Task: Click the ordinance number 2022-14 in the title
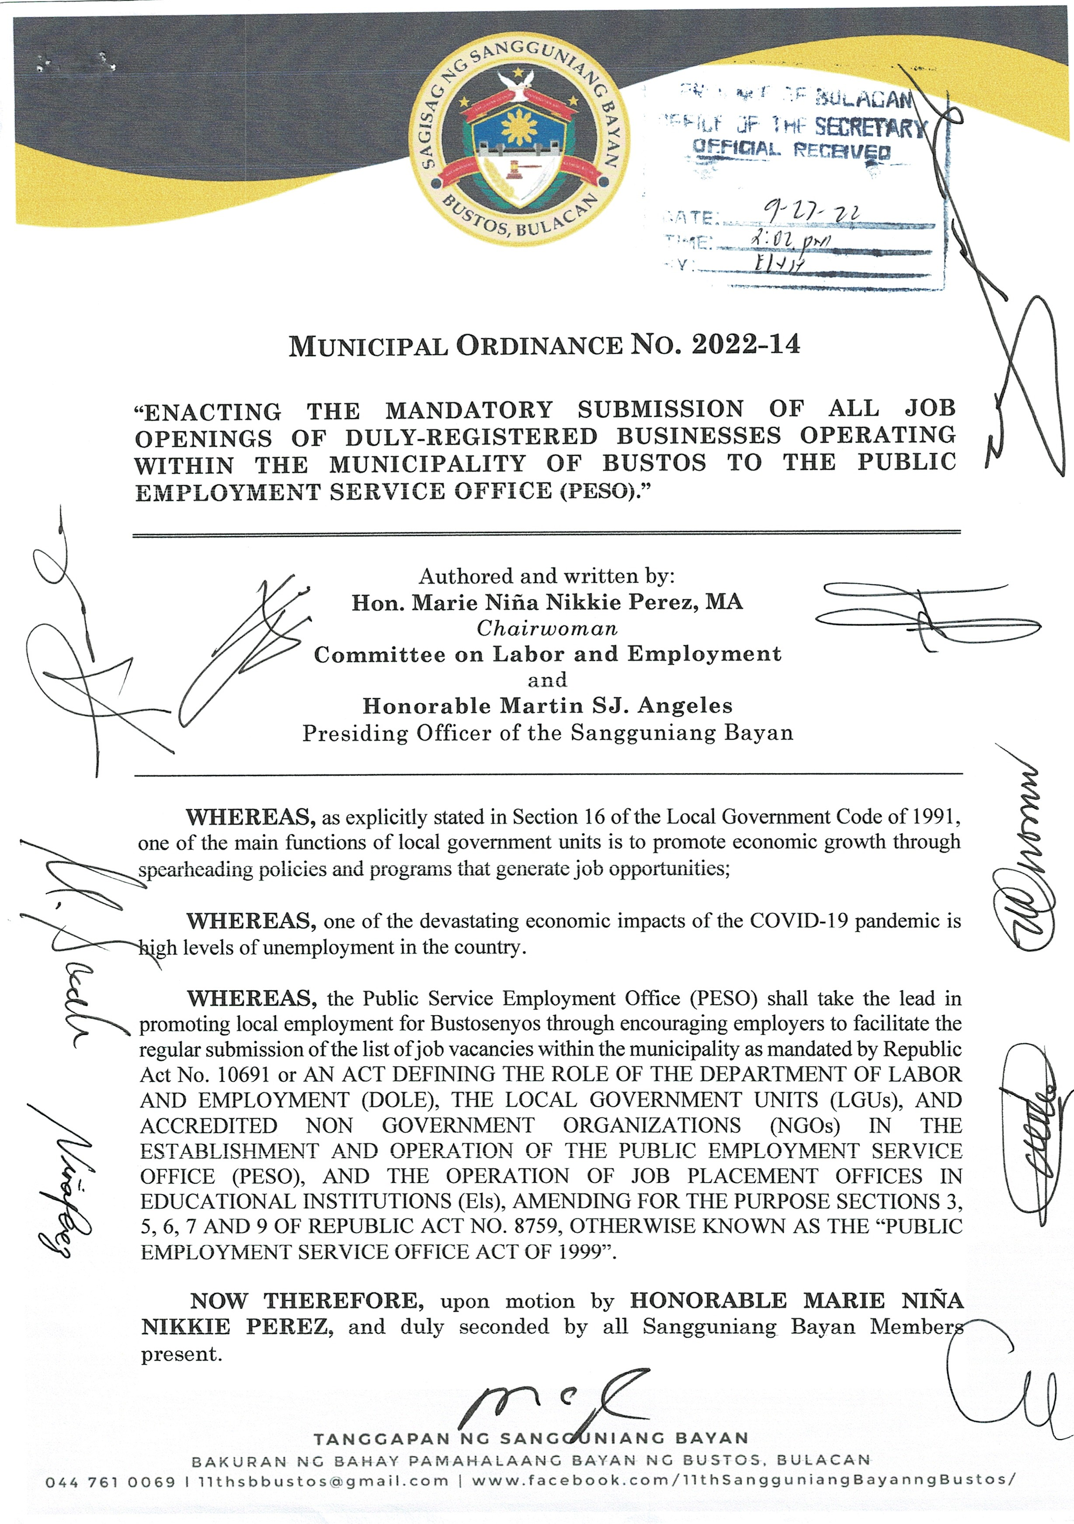click(746, 345)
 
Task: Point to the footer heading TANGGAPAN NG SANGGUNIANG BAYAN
click(531, 1438)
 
